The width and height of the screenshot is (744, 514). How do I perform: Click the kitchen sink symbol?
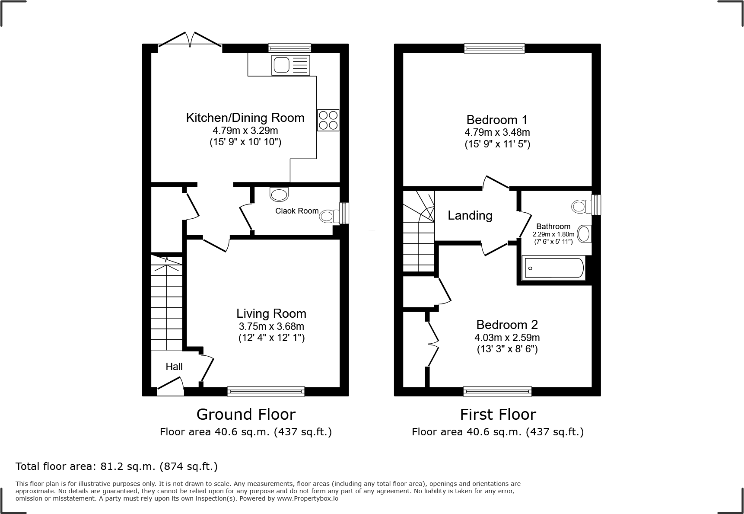290,65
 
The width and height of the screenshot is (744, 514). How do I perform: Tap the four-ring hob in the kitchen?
328,120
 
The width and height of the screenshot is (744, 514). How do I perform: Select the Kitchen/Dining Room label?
245,118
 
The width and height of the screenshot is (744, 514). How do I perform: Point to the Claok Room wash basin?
279,194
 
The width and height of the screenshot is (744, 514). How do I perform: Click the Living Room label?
271,313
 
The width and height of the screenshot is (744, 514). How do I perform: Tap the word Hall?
174,367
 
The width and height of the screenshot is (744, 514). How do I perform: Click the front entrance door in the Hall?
170,386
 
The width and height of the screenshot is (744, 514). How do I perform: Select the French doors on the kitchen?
190,40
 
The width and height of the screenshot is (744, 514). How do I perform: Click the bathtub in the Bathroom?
553,268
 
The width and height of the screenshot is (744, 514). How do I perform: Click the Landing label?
470,215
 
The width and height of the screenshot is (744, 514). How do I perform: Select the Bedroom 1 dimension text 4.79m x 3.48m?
497,132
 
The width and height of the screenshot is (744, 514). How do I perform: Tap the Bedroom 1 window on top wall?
494,48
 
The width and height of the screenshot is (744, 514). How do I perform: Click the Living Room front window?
266,391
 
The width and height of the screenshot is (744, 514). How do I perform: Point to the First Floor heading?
498,415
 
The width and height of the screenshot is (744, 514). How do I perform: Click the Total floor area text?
116,466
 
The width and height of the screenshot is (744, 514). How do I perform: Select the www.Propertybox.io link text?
308,498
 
